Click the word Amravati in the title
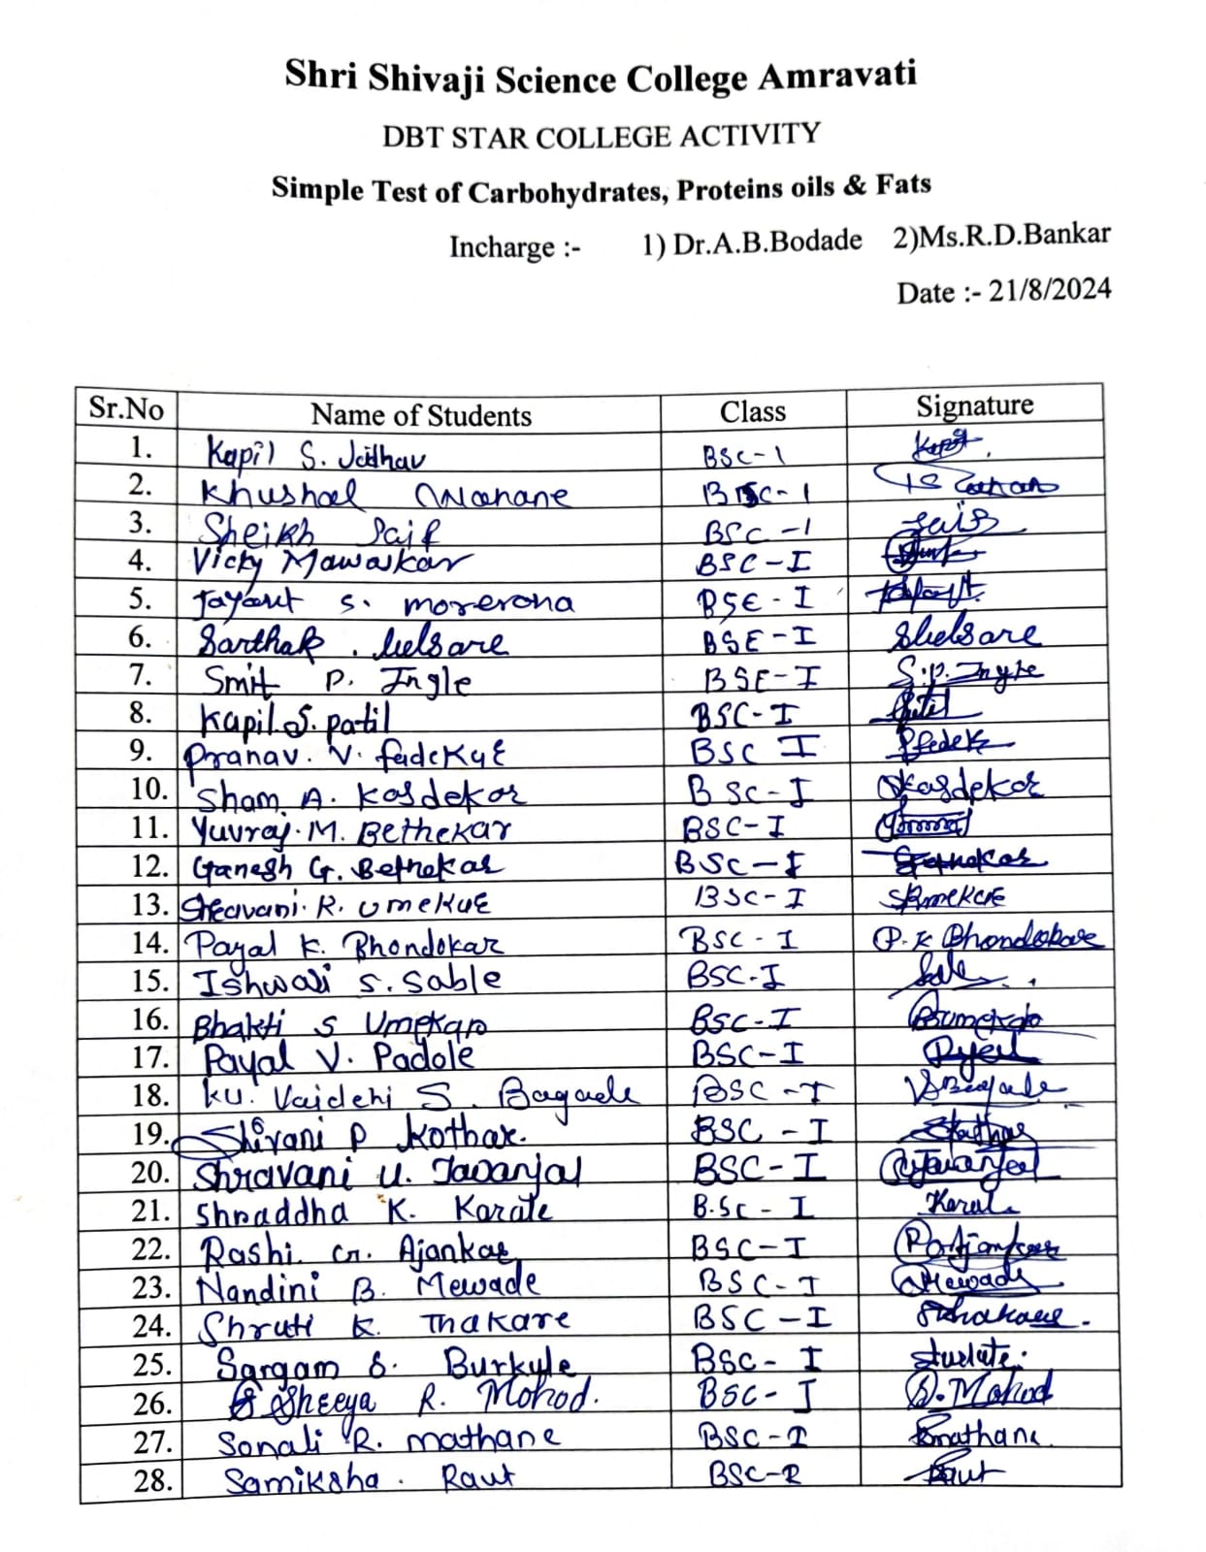(837, 75)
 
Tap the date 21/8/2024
(1050, 290)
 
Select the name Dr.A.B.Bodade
(766, 241)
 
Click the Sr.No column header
(126, 407)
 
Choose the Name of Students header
(421, 415)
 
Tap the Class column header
(752, 411)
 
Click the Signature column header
(974, 405)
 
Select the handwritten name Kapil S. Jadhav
(316, 454)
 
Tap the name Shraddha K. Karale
(374, 1211)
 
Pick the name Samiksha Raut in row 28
(369, 1479)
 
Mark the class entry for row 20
(760, 1169)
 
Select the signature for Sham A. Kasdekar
(961, 786)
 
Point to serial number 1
(142, 447)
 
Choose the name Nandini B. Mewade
(368, 1287)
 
